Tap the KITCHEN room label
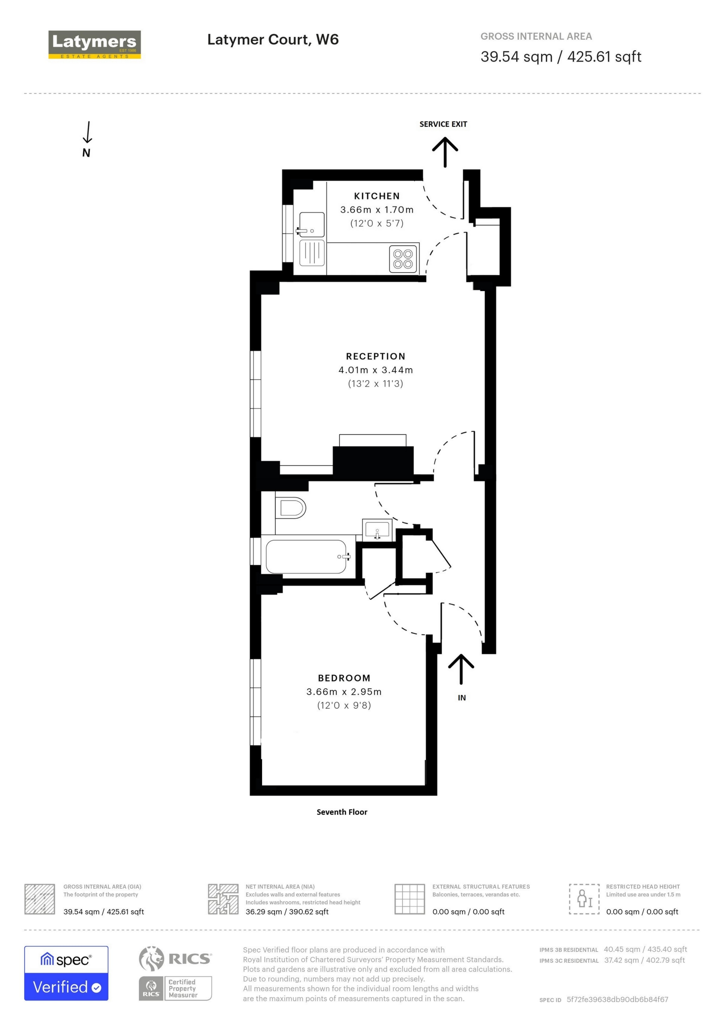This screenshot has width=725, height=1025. (376, 196)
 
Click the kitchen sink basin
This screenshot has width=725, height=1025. (312, 225)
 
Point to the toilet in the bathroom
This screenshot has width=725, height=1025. (291, 507)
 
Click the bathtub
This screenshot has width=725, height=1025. (306, 556)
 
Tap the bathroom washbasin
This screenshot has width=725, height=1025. (377, 530)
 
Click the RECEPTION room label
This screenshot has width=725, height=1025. (375, 356)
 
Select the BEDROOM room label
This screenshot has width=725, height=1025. (344, 678)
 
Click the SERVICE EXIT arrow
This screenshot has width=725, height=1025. (445, 152)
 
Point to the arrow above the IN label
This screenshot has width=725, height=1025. (461, 669)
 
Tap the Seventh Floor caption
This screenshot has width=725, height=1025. (341, 812)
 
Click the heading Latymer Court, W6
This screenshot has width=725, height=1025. (273, 40)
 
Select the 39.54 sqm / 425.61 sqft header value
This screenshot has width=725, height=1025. (561, 57)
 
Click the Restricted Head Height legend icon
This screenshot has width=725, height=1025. (584, 899)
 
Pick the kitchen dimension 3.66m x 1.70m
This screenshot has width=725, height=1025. (376, 210)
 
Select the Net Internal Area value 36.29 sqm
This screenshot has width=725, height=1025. (287, 912)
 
